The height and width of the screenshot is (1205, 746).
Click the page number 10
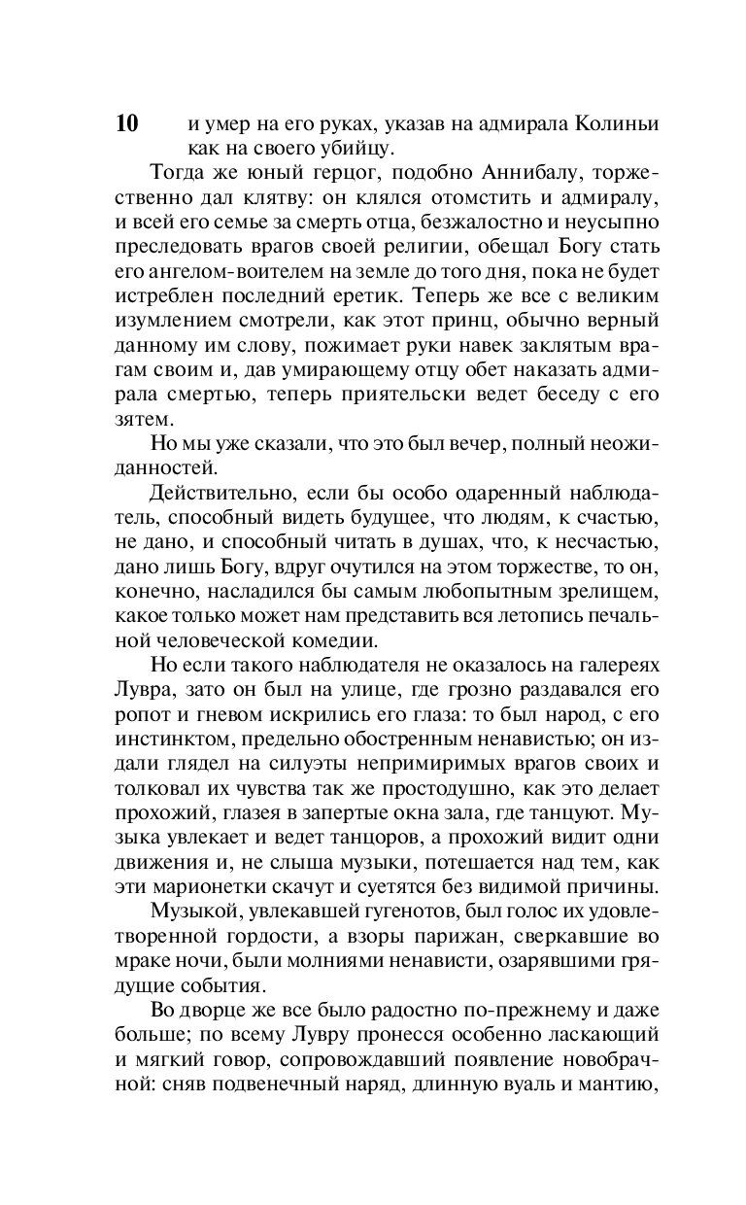coord(126,125)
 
